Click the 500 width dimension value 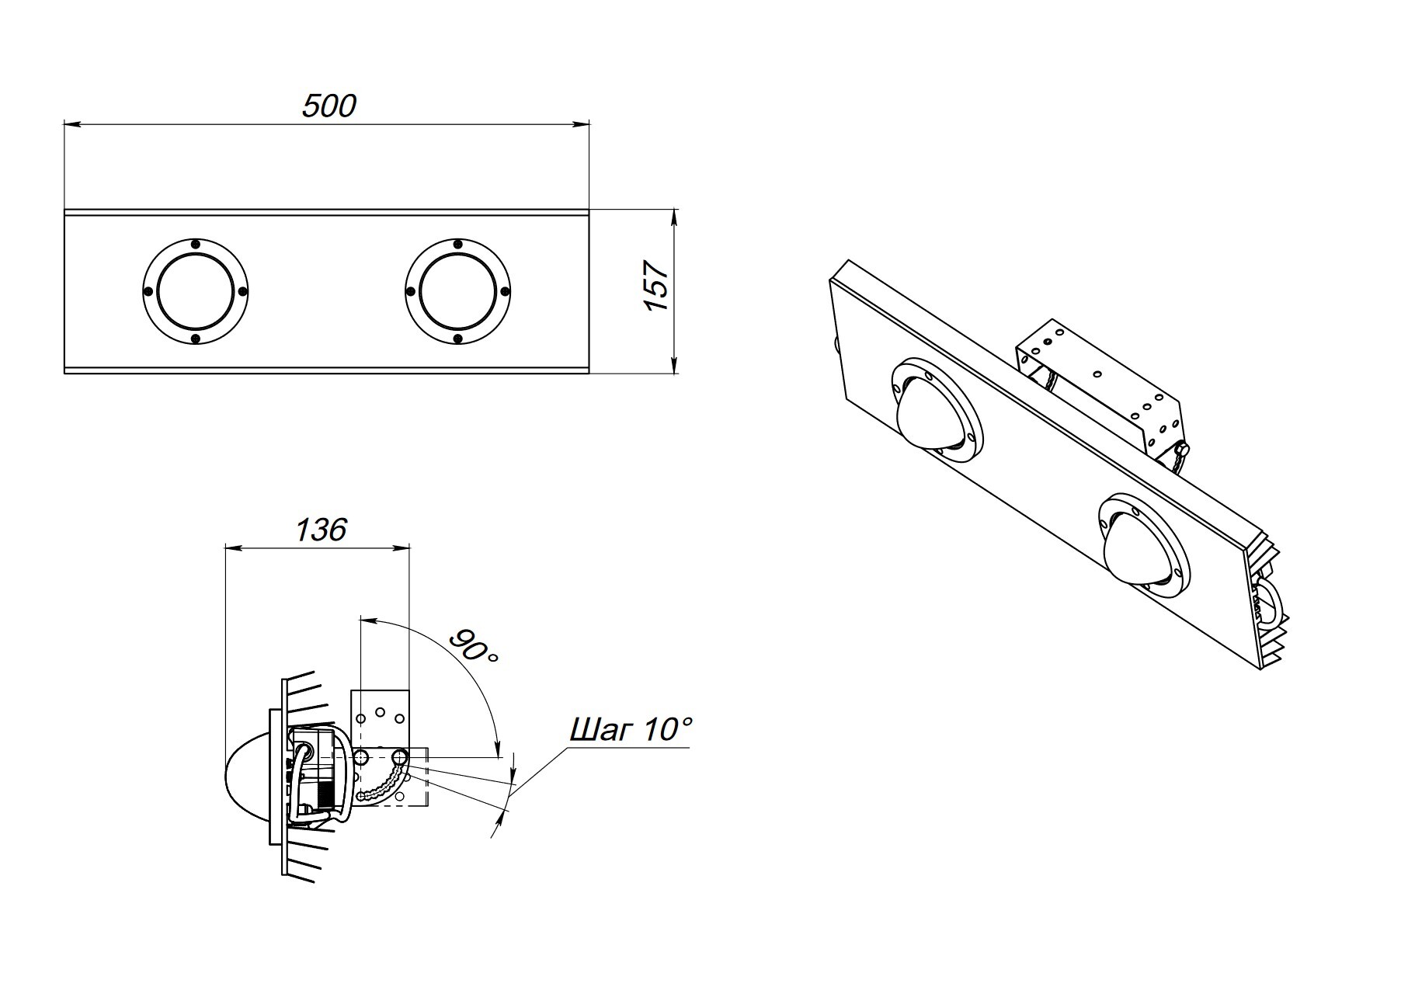pyautogui.click(x=329, y=106)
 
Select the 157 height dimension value pyautogui.click(x=658, y=286)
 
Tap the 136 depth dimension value pyautogui.click(x=321, y=530)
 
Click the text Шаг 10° pyautogui.click(x=631, y=730)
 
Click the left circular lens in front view pyautogui.click(x=195, y=291)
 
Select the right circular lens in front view pyautogui.click(x=457, y=291)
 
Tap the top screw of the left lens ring pyautogui.click(x=195, y=244)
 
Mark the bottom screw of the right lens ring pyautogui.click(x=457, y=339)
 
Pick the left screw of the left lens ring pyautogui.click(x=148, y=291)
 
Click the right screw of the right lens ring pyautogui.click(x=505, y=291)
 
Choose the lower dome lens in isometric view pyautogui.click(x=1135, y=547)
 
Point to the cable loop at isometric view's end pyautogui.click(x=1268, y=602)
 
